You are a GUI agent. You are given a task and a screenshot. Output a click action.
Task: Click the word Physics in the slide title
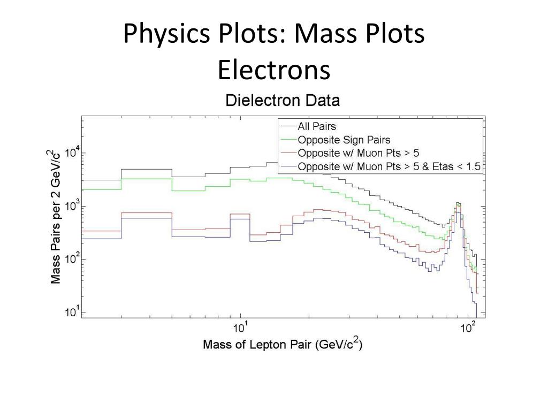pyautogui.click(x=166, y=34)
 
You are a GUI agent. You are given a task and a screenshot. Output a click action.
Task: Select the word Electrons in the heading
pyautogui.click(x=274, y=70)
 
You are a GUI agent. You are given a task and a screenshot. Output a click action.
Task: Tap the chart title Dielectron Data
pyautogui.click(x=283, y=100)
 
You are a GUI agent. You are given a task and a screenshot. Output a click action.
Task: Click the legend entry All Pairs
pyautogui.click(x=317, y=126)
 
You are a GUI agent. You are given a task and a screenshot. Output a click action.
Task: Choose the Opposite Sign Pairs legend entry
pyautogui.click(x=344, y=140)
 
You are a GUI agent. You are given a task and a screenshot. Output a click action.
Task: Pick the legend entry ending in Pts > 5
pyautogui.click(x=358, y=153)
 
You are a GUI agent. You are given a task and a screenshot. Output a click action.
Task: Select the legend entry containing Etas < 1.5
pyautogui.click(x=389, y=166)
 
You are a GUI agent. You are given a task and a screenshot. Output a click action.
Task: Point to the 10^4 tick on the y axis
pyautogui.click(x=72, y=153)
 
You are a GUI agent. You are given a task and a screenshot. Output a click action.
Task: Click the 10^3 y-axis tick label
pyautogui.click(x=72, y=205)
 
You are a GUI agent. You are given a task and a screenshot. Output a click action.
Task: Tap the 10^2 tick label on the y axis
pyautogui.click(x=72, y=258)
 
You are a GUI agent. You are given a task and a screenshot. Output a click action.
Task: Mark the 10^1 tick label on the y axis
pyautogui.click(x=72, y=312)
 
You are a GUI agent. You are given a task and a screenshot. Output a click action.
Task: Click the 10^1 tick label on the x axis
pyautogui.click(x=240, y=328)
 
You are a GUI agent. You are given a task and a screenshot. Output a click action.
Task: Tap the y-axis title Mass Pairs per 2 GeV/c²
pyautogui.click(x=55, y=217)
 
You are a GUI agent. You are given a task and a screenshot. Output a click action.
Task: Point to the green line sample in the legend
pyautogui.click(x=288, y=140)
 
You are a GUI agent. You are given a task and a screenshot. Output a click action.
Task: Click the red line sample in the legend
pyautogui.click(x=288, y=153)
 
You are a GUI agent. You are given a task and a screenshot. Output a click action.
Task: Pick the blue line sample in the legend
pyautogui.click(x=288, y=166)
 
